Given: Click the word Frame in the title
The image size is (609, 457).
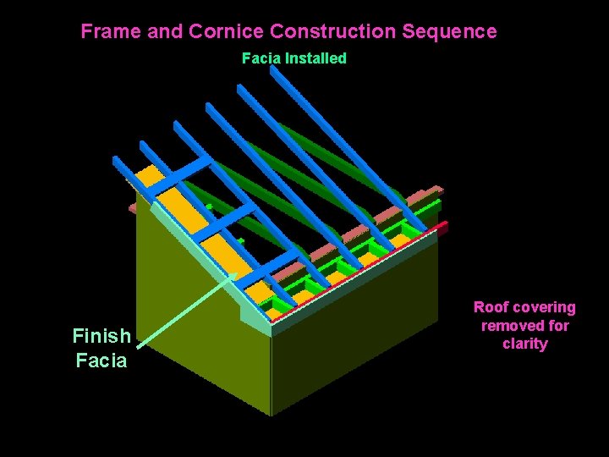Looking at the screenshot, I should (x=110, y=32).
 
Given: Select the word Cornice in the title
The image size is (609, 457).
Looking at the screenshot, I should (x=225, y=32).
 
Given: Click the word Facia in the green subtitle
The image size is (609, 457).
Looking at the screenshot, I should (x=261, y=58).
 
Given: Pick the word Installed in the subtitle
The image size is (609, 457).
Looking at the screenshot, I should (x=315, y=58).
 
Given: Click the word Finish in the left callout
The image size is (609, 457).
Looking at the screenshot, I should (x=101, y=336).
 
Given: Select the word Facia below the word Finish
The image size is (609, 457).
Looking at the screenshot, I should (x=101, y=361).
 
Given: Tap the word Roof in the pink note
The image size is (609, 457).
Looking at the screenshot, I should (x=490, y=307).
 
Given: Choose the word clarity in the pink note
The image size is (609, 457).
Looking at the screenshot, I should (x=524, y=344).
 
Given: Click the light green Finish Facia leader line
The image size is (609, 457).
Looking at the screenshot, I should (x=182, y=310).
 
